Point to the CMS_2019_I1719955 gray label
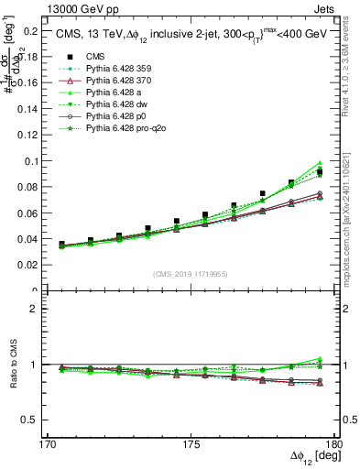click(191, 274)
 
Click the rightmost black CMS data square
click(320, 172)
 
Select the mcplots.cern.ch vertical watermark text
click(353, 220)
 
